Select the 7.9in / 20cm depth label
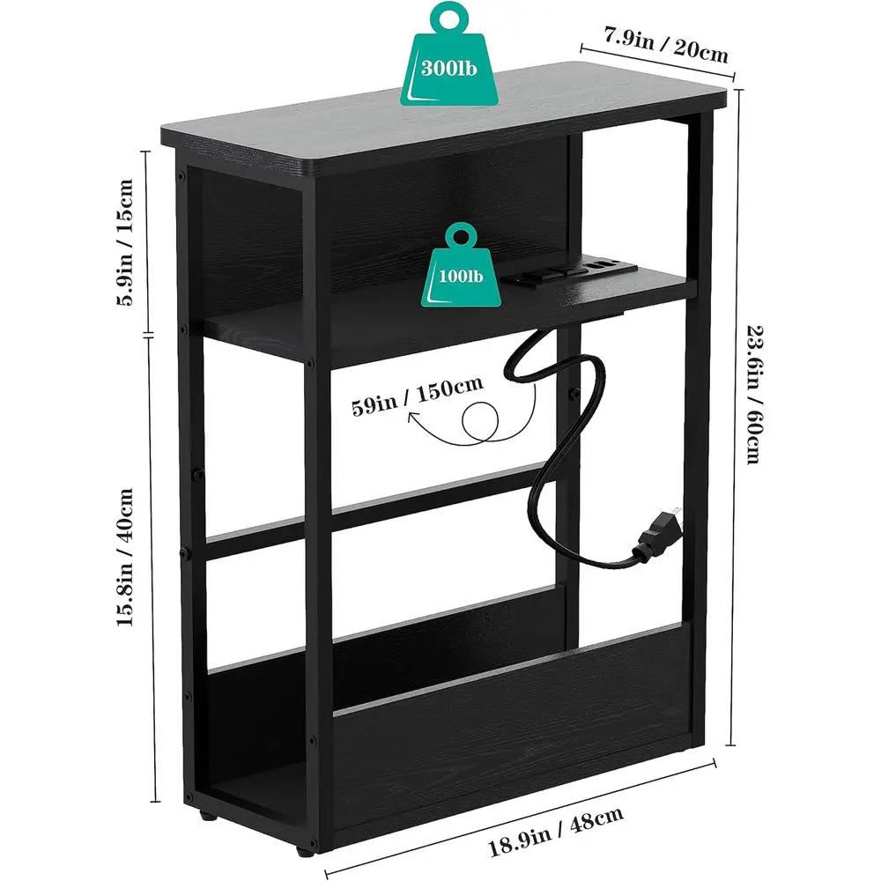click(x=666, y=45)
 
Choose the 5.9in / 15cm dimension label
click(x=125, y=242)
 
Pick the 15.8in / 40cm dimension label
click(x=124, y=557)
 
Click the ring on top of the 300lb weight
click(x=448, y=17)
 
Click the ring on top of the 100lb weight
click(x=461, y=236)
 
